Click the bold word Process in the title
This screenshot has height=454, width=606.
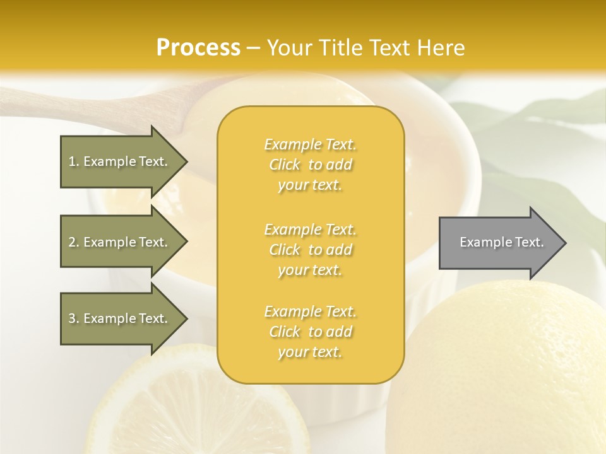click(198, 48)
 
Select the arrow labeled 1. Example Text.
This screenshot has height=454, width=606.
click(118, 161)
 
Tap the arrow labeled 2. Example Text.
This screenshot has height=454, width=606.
click(118, 242)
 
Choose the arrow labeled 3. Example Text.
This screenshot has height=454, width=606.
click(118, 319)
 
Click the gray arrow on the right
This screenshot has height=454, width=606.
click(499, 243)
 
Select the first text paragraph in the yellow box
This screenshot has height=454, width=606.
click(311, 165)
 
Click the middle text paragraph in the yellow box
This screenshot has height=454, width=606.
click(311, 250)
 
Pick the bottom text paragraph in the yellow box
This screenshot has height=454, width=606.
click(311, 332)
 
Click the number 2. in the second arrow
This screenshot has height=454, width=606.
click(74, 242)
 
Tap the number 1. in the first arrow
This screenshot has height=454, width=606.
click(74, 161)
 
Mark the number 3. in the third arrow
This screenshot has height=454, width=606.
click(74, 319)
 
